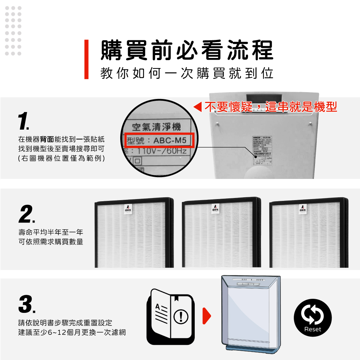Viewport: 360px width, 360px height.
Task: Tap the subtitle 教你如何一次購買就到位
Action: pos(186,74)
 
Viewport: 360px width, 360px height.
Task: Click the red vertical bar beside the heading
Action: pos(86,59)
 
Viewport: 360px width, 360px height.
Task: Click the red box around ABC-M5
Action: pos(160,140)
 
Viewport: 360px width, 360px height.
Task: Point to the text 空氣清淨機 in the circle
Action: pos(157,127)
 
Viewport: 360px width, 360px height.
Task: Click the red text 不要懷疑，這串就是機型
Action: pos(271,107)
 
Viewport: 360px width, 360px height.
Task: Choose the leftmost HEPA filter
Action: pos(134,233)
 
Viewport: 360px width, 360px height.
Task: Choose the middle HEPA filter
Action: pos(221,233)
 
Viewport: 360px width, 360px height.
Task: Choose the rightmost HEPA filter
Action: pos(309,233)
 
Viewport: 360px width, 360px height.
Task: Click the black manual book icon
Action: pos(170,316)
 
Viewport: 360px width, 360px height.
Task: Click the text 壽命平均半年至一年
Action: pos(50,232)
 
